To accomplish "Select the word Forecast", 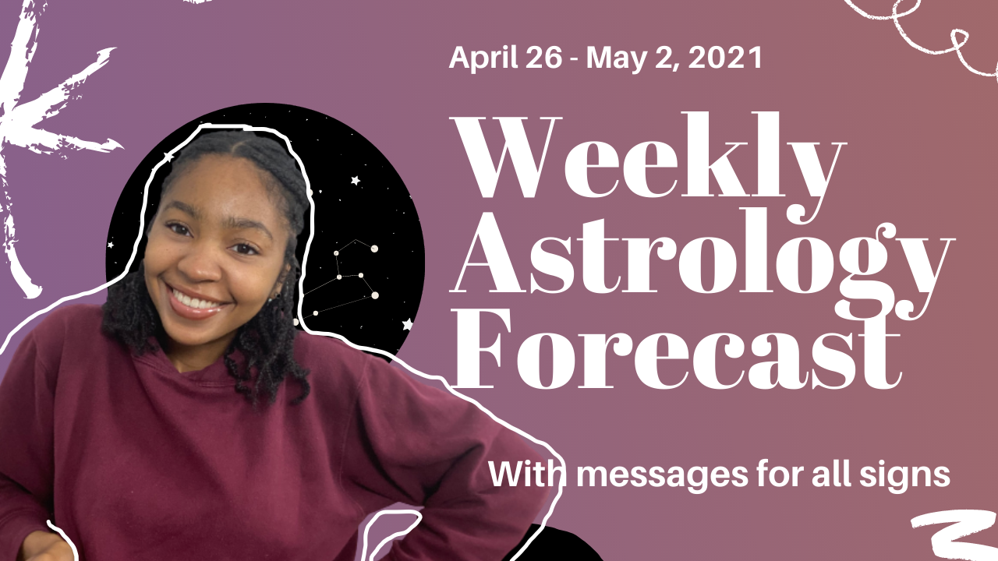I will click(674, 351).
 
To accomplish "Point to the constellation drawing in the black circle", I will click(351, 277).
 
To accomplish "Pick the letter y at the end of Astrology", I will click(920, 269).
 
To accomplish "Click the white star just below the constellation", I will click(406, 324).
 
